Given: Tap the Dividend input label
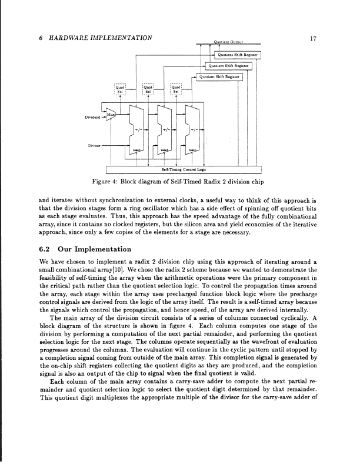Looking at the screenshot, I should click(x=94, y=116).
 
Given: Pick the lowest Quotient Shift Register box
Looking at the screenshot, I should click(x=220, y=76).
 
